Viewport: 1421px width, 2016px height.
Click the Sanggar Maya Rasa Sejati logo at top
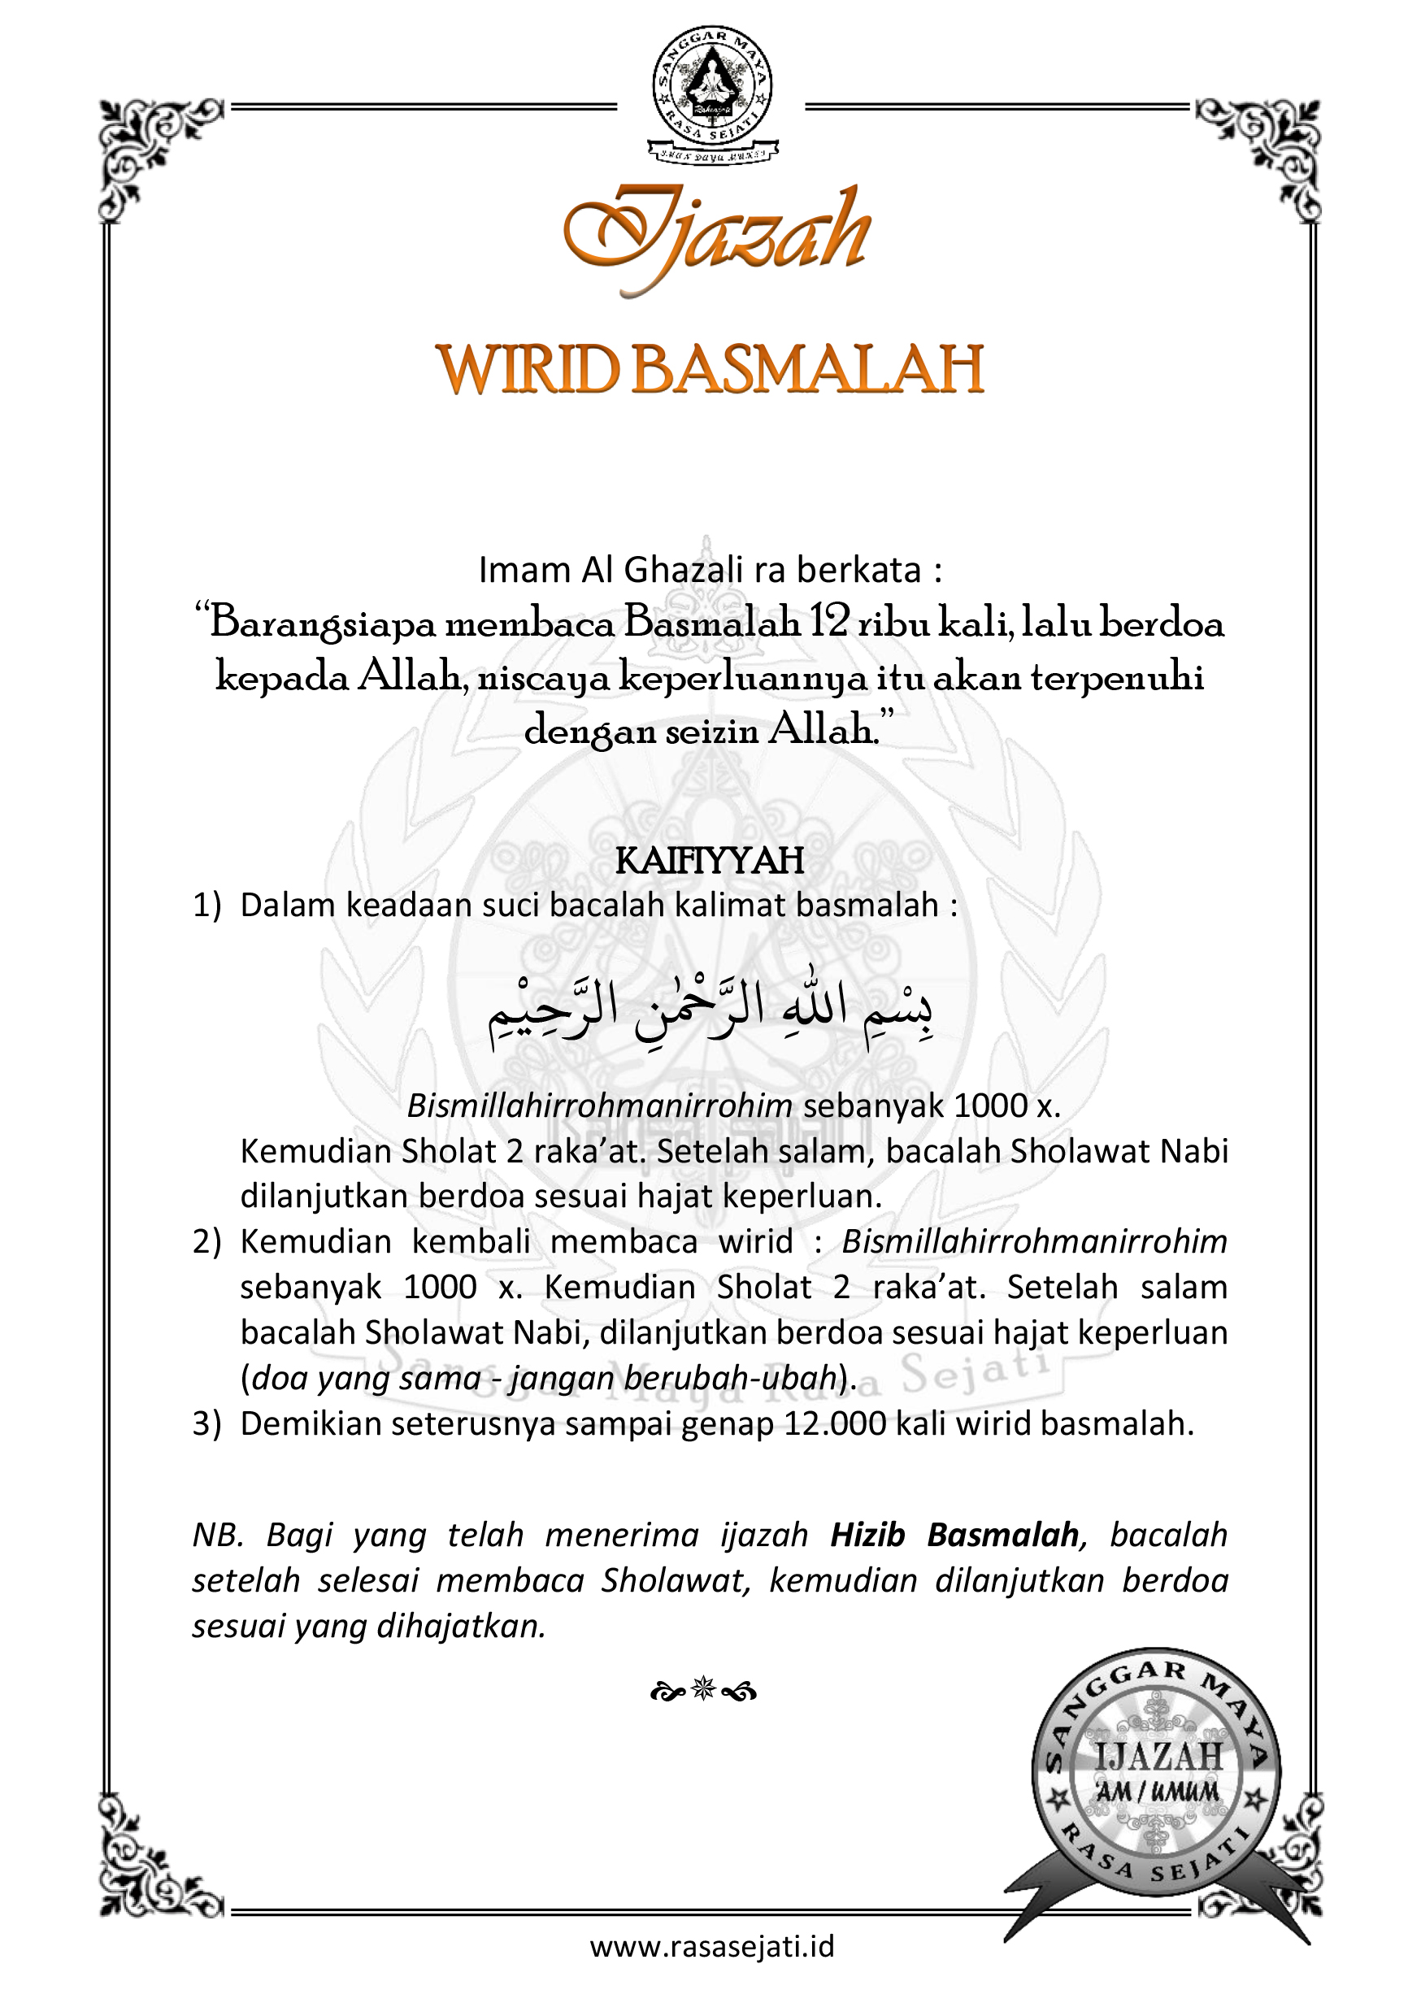[x=711, y=93]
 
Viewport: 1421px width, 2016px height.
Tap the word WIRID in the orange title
[x=528, y=370]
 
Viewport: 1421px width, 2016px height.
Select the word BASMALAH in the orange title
[x=807, y=370]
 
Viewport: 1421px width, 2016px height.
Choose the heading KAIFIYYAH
[x=710, y=862]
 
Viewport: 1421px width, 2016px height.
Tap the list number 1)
[x=207, y=906]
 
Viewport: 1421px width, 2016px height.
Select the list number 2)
[x=207, y=1242]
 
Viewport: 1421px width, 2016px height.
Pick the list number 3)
[x=207, y=1423]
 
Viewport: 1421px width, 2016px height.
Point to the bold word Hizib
[x=867, y=1535]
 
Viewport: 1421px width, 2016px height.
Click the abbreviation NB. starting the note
[x=218, y=1535]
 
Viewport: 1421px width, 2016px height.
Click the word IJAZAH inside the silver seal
[x=1158, y=1757]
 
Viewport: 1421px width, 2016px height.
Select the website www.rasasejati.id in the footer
[x=711, y=1947]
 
